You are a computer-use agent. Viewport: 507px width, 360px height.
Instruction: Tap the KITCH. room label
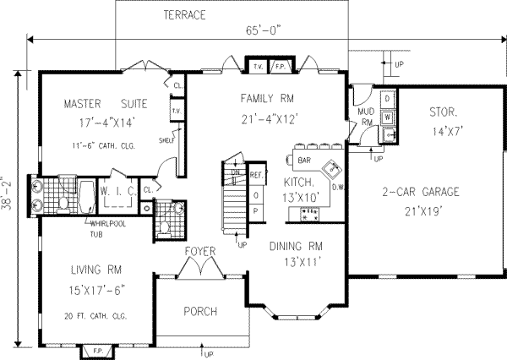pyautogui.click(x=299, y=182)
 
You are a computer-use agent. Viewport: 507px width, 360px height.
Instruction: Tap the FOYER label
pyautogui.click(x=199, y=251)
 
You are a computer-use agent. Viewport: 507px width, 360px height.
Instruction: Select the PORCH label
pyautogui.click(x=200, y=311)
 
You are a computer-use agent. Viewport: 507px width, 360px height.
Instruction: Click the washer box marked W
pyautogui.click(x=387, y=117)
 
